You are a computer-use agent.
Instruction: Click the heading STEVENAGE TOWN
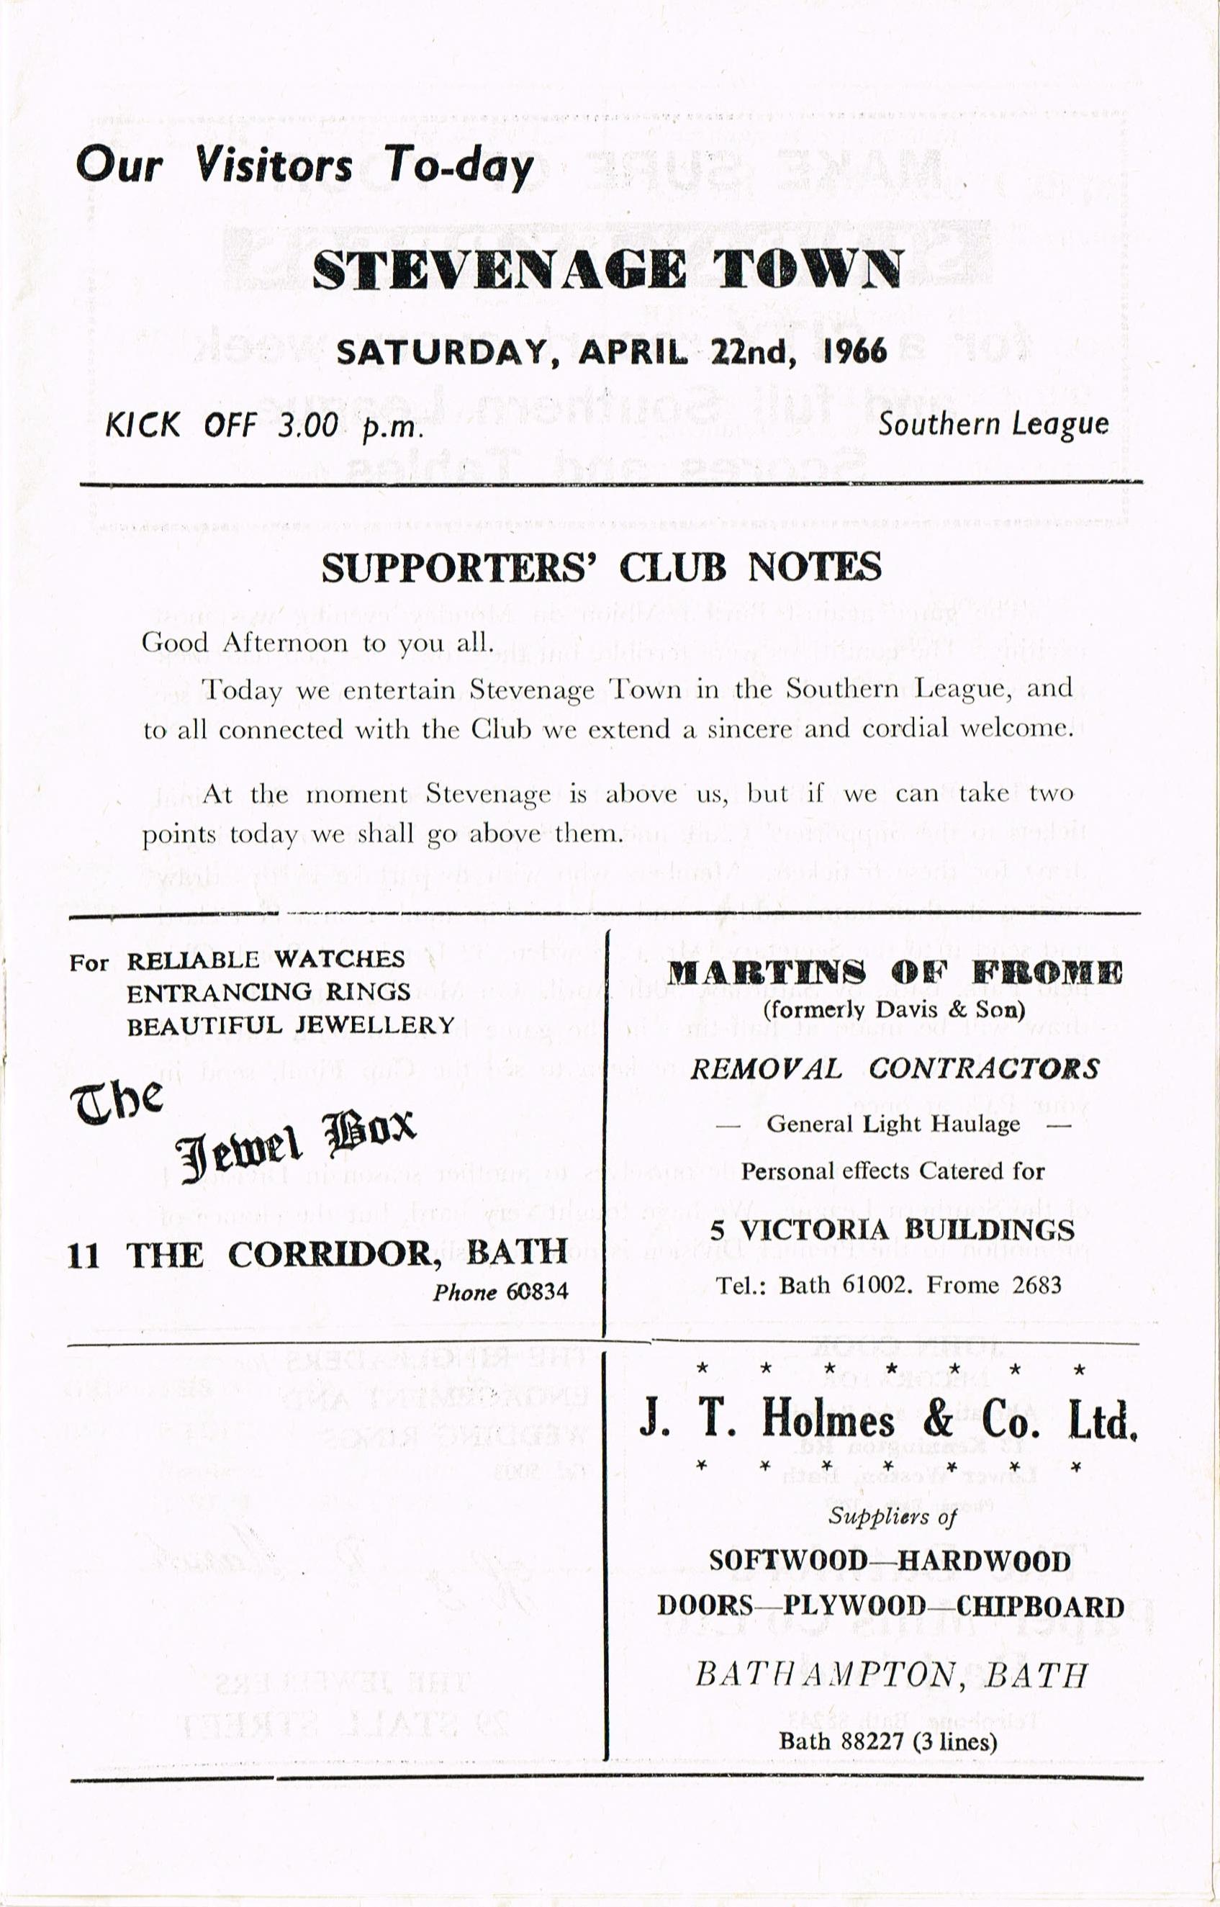pyautogui.click(x=607, y=270)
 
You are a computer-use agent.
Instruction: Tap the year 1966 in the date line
pyautogui.click(x=855, y=351)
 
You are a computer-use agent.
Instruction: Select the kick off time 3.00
pyautogui.click(x=307, y=426)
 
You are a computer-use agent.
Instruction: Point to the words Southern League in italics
pyautogui.click(x=993, y=425)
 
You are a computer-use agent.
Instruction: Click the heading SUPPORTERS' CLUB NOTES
pyautogui.click(x=600, y=567)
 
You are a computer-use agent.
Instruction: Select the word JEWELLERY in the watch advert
pyautogui.click(x=375, y=1025)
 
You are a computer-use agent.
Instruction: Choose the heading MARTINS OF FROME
pyautogui.click(x=894, y=973)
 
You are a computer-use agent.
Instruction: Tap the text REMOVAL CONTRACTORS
pyautogui.click(x=894, y=1069)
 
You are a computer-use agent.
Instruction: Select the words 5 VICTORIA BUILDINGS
pyautogui.click(x=892, y=1230)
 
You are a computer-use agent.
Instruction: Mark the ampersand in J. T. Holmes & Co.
pyautogui.click(x=938, y=1420)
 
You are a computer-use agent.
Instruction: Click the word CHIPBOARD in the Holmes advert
pyautogui.click(x=1040, y=1606)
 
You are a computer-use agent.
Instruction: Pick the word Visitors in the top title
pyautogui.click(x=274, y=166)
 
